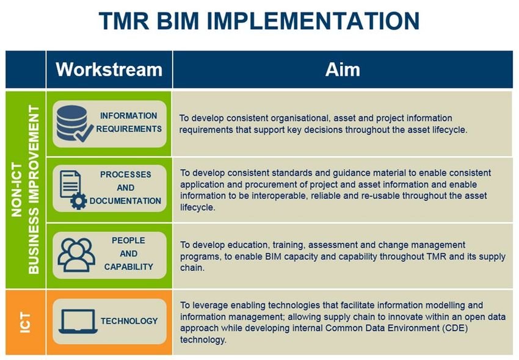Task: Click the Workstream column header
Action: click(x=109, y=70)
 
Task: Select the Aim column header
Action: click(x=343, y=70)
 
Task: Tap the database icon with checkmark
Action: click(x=74, y=123)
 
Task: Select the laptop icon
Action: click(x=78, y=322)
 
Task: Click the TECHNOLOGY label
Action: click(x=129, y=321)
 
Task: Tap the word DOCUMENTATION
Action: click(x=125, y=201)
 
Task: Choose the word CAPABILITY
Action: click(x=129, y=267)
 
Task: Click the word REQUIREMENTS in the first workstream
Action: click(x=129, y=129)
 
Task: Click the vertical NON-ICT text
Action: click(x=16, y=190)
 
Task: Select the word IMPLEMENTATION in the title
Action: click(x=313, y=21)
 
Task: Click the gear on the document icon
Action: click(x=79, y=201)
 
